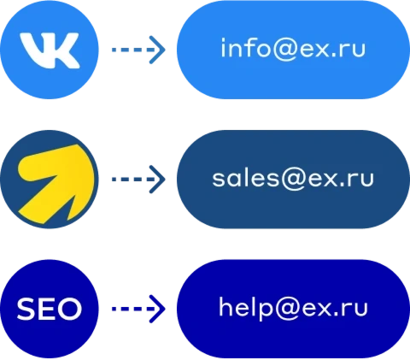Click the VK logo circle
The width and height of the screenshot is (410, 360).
click(50, 50)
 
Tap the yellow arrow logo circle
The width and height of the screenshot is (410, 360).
click(50, 180)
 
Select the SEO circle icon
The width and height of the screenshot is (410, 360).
click(50, 309)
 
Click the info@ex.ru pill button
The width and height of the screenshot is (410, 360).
click(293, 50)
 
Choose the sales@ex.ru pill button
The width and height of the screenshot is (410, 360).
click(293, 180)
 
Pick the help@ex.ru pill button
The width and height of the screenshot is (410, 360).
click(293, 309)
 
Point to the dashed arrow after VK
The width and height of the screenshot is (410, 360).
click(138, 50)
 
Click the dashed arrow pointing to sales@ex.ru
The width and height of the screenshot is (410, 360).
click(138, 180)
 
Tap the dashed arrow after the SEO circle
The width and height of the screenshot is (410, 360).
click(138, 309)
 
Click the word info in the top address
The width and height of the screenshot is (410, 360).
click(246, 48)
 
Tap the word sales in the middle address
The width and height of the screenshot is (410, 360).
click(246, 178)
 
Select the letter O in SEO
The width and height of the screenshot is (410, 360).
click(69, 309)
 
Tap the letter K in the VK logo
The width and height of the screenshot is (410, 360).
click(63, 50)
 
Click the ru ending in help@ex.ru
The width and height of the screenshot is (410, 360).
click(355, 309)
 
